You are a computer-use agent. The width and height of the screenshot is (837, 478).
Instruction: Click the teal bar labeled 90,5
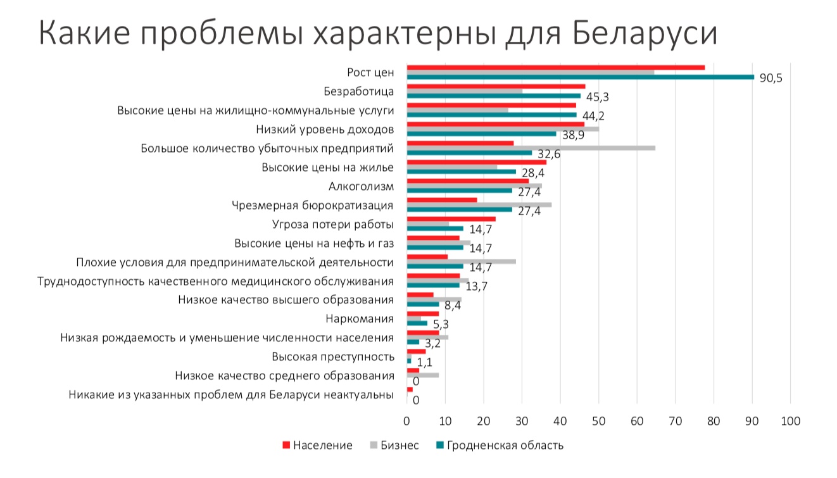pyautogui.click(x=580, y=77)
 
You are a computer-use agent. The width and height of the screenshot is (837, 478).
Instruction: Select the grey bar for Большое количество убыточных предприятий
pyautogui.click(x=531, y=148)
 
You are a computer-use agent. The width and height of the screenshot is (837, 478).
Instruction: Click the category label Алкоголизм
pyautogui.click(x=361, y=187)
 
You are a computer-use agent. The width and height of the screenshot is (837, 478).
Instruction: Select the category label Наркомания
pyautogui.click(x=359, y=318)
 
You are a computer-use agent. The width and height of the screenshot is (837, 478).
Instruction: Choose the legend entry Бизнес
pyautogui.click(x=399, y=445)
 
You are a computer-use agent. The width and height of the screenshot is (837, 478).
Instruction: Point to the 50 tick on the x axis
pyautogui.click(x=598, y=421)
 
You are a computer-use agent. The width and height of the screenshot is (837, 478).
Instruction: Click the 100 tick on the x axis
pyautogui.click(x=790, y=421)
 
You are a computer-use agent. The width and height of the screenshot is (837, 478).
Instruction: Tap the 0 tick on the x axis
pyautogui.click(x=406, y=421)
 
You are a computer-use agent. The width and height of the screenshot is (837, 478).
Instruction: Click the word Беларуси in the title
pyautogui.click(x=645, y=33)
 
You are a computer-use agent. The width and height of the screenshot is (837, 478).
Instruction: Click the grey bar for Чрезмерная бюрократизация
pyautogui.click(x=479, y=204)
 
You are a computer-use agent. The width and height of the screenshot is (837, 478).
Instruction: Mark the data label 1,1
pyautogui.click(x=424, y=362)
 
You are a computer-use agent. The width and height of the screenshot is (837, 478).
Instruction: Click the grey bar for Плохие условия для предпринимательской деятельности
pyautogui.click(x=461, y=261)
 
